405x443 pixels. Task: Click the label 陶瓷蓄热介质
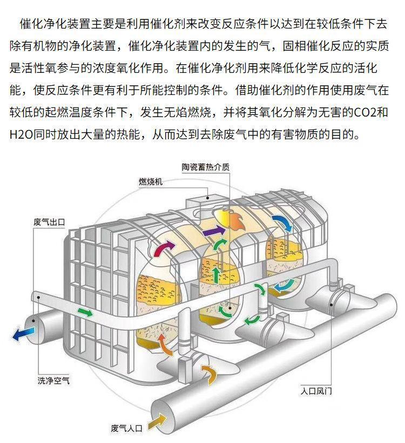205,167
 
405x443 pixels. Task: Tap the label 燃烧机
151,182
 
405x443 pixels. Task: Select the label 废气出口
49,222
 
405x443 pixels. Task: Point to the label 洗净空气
53,380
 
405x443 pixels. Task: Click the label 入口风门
316,391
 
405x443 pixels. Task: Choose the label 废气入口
126,428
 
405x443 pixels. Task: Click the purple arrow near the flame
214,231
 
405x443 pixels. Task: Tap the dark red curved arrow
164,248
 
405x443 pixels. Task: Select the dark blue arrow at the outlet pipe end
23,333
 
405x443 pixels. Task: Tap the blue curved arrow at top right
282,222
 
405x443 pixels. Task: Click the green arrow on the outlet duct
85,312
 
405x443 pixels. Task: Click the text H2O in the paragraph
21,134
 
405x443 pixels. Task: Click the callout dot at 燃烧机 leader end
207,198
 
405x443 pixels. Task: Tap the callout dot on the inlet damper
331,304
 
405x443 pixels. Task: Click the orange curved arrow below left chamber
165,344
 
